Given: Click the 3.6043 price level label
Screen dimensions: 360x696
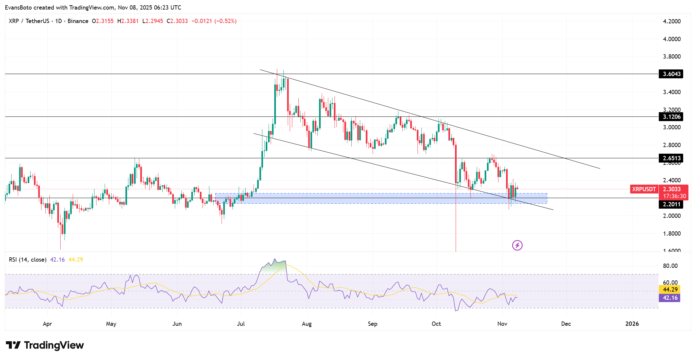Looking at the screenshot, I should coord(671,74).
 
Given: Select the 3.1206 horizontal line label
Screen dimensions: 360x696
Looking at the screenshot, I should coord(671,116).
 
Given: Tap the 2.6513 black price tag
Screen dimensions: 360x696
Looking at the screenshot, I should coord(671,158).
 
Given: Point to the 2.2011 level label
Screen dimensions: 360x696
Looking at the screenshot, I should coord(671,204).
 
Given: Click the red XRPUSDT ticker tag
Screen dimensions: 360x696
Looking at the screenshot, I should coord(644,189).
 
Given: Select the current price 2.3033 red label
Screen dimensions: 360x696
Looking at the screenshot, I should coord(672,189).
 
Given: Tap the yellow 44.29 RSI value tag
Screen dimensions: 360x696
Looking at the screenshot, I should coord(670,289).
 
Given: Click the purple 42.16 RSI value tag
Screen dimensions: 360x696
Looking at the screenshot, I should coord(670,297).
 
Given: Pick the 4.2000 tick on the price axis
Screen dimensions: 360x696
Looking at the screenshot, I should coord(672,21).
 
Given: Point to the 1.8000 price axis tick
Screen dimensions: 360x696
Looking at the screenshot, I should coord(672,233).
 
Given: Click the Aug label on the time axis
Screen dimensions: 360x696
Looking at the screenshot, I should coord(307,323).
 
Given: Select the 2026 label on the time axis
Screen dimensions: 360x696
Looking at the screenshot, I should coord(632,323).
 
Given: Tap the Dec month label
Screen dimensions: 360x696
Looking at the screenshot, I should coord(566,323).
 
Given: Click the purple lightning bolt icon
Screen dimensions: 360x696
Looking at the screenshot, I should coord(517,245).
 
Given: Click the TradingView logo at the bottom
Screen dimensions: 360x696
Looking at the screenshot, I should coord(45,345).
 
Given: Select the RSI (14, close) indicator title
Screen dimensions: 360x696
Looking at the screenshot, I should coord(27,260).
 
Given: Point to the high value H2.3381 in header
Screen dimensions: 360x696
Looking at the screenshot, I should coord(128,21).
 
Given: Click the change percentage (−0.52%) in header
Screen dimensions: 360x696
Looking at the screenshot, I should coord(226,21).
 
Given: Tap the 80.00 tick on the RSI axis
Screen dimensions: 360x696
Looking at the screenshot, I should coord(670,266).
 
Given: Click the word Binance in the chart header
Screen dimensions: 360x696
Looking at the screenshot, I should coord(78,21).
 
